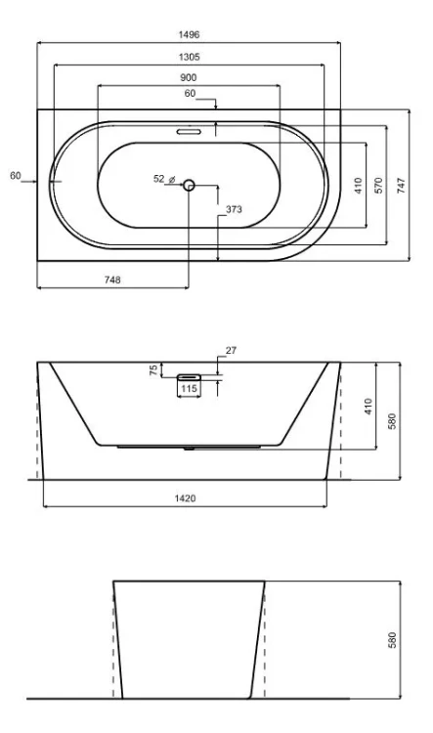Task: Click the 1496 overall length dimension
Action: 189,34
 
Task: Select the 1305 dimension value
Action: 189,57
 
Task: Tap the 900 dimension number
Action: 189,77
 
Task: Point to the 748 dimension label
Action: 112,280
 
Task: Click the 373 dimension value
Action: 234,209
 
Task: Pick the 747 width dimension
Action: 402,185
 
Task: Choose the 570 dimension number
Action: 379,185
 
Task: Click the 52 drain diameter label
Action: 159,179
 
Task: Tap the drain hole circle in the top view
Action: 189,185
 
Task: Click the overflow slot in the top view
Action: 189,131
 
